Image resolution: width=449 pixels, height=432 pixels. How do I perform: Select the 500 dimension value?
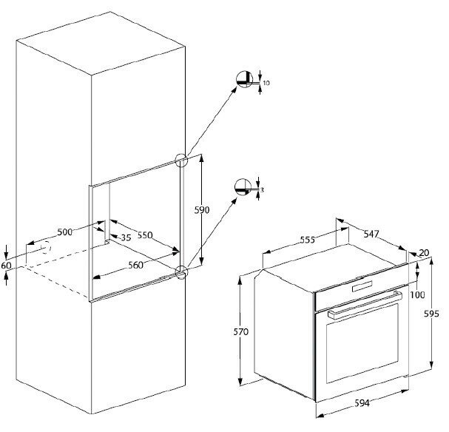coord(66,232)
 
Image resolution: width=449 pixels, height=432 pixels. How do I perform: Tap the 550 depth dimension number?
coord(144,235)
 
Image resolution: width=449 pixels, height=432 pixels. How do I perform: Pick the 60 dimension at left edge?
coord(7,265)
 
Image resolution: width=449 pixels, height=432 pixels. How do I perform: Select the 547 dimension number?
coord(371,234)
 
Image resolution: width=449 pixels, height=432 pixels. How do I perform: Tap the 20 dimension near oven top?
coord(423,254)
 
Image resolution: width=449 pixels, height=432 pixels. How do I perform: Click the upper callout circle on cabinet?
coord(180,161)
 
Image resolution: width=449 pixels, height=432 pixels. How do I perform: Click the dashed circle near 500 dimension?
coord(46,249)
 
